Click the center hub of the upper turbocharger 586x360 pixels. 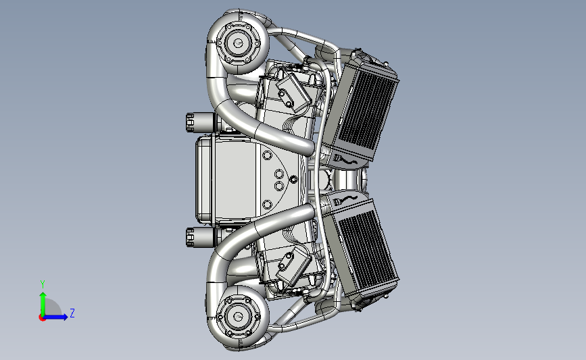pos(238,43)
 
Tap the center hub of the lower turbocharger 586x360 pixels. pos(238,317)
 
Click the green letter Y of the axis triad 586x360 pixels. pos(43,284)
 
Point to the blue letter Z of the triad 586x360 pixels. pos(72,313)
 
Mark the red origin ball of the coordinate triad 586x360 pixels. pos(42,317)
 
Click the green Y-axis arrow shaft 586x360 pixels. pos(43,305)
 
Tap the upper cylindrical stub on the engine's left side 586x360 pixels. pos(200,122)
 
